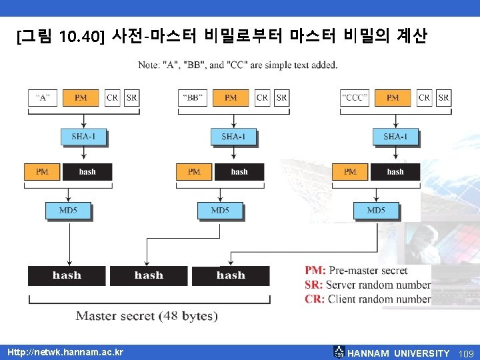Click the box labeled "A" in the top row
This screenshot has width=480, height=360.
tap(43, 97)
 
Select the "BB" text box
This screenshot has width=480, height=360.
tap(193, 97)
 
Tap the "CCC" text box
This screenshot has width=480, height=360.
tap(355, 97)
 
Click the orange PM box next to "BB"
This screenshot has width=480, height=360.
tap(231, 97)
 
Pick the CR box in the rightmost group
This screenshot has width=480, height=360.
tap(425, 97)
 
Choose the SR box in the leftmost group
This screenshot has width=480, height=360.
tap(132, 97)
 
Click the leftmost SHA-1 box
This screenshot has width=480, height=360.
tap(84, 137)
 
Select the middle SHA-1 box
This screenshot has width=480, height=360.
tap(233, 137)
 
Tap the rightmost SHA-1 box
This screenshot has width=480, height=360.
tap(396, 137)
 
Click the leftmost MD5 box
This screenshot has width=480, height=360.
tap(68, 211)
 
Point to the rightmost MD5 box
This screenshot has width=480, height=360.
tap(376, 211)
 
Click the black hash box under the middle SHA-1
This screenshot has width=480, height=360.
tap(239, 171)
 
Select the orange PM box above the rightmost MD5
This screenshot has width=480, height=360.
tap(350, 171)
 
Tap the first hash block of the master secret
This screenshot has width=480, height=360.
tap(67, 275)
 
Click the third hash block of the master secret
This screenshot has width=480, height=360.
tap(231, 275)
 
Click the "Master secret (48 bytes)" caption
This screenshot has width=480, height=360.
tap(147, 315)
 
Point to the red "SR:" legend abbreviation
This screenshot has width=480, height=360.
tap(315, 285)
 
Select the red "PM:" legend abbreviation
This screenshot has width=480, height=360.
tap(315, 270)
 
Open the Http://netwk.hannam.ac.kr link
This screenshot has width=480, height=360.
tap(65, 352)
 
